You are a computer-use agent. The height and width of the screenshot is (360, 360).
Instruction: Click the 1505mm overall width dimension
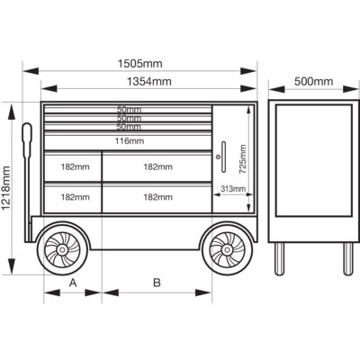click(139, 64)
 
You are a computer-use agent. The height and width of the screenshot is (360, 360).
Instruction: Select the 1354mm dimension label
click(149, 81)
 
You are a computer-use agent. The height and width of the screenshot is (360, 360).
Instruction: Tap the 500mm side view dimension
click(313, 81)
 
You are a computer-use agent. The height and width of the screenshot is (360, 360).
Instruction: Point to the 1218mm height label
click(6, 188)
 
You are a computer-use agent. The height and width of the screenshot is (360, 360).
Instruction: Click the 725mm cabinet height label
click(242, 159)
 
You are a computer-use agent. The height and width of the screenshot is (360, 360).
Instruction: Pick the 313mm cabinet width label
click(233, 189)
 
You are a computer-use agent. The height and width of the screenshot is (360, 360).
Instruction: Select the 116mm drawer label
click(130, 140)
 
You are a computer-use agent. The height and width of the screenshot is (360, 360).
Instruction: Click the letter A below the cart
click(73, 283)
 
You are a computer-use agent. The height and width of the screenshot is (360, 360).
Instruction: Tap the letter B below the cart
click(157, 283)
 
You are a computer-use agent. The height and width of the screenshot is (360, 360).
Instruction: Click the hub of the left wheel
click(63, 249)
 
